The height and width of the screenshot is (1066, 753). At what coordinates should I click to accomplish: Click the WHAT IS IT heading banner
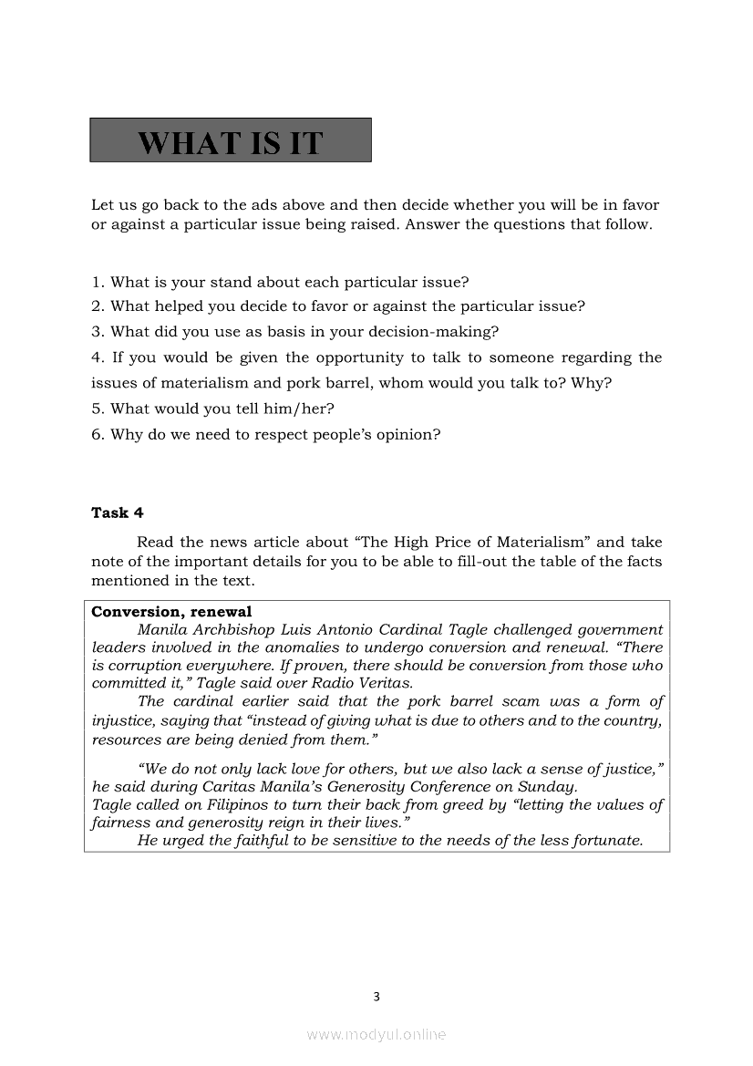230,140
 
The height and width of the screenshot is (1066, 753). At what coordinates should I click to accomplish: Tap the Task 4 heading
117,512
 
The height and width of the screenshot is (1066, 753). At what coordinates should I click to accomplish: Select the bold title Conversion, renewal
171,612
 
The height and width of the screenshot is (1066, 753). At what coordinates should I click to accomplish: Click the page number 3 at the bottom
376,997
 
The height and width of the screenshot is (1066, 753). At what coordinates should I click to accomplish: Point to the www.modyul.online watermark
376,1034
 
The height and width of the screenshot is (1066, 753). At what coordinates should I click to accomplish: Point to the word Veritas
383,683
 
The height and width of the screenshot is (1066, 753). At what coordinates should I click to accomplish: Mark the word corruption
139,666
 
